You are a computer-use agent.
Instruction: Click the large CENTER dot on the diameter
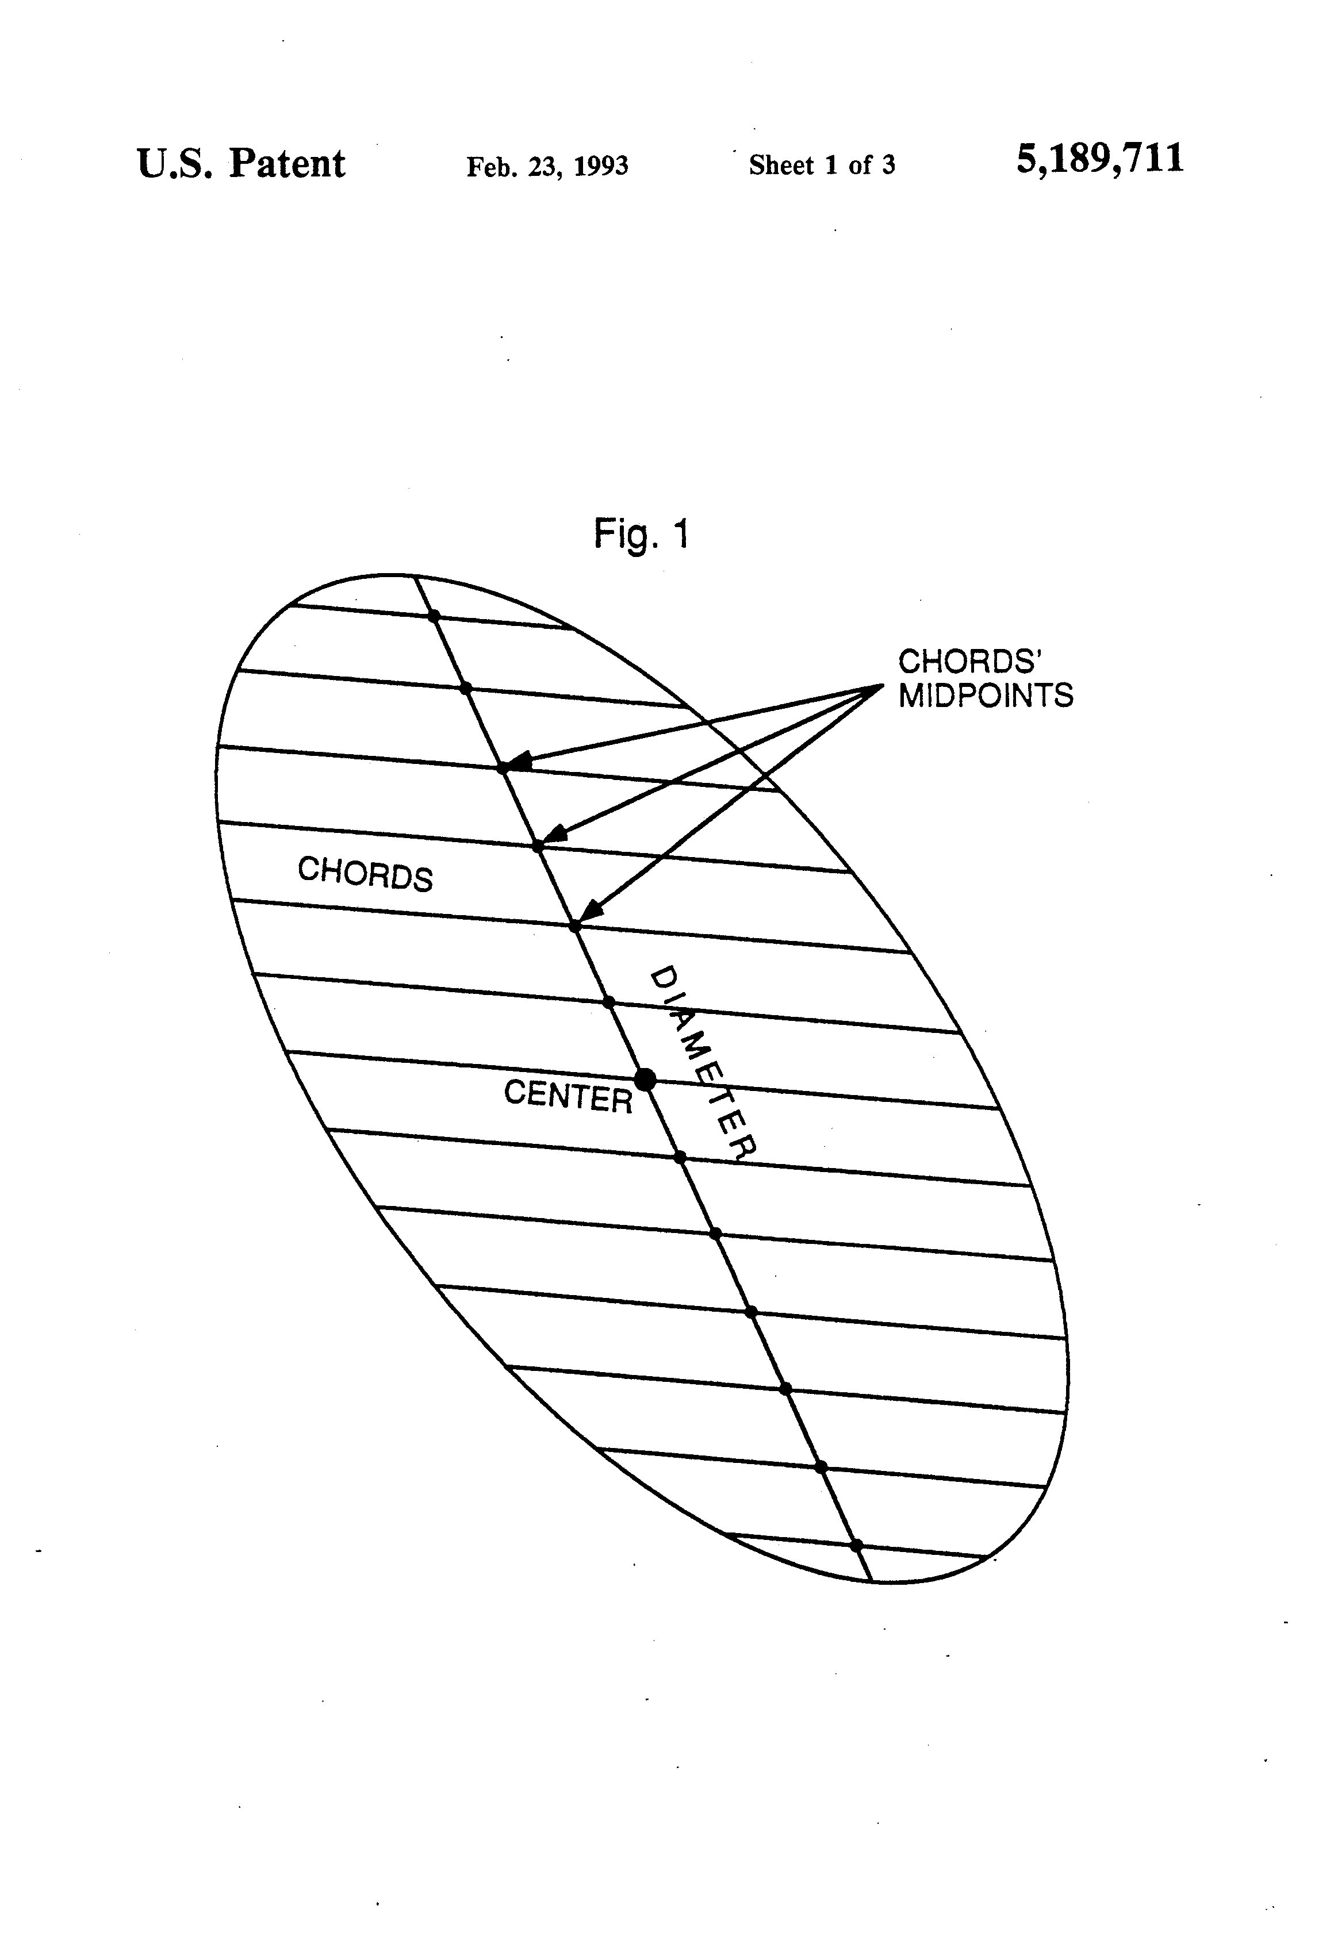(x=645, y=1079)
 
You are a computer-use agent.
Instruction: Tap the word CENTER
(x=568, y=1096)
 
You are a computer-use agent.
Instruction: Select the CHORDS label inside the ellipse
(x=365, y=873)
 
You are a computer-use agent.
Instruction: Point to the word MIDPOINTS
(x=986, y=696)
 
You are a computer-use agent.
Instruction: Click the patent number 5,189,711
(x=1099, y=159)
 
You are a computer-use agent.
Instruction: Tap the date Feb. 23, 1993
(x=547, y=166)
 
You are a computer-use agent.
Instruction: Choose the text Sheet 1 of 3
(x=821, y=165)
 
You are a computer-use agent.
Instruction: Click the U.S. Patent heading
(x=241, y=163)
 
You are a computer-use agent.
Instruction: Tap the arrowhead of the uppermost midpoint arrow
(x=516, y=762)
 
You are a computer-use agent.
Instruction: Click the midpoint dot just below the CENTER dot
(x=680, y=1157)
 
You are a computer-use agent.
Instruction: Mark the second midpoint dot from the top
(x=466, y=689)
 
